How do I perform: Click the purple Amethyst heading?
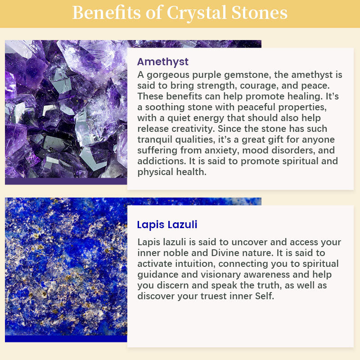(x=162, y=62)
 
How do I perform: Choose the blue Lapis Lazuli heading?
(x=167, y=225)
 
